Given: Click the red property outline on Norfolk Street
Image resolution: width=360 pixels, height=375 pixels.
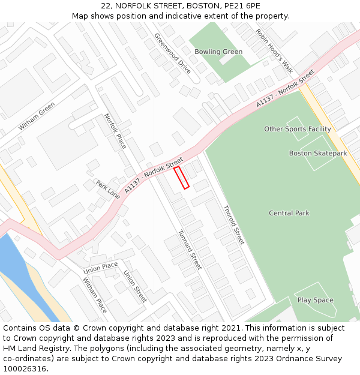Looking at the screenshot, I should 181,178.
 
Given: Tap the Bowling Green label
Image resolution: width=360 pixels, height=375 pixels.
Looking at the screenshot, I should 218,52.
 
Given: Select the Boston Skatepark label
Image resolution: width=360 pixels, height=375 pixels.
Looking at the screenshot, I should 318,154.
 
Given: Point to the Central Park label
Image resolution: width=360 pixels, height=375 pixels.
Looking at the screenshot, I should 289,213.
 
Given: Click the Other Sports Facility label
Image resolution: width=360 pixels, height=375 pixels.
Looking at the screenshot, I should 298,129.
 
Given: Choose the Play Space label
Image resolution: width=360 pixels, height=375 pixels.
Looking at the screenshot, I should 316,300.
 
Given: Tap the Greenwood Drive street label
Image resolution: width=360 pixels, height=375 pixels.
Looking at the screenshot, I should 172,53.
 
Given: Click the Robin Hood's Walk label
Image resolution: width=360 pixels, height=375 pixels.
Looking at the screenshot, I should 274,50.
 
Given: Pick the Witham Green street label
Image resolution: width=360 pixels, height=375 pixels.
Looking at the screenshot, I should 37,116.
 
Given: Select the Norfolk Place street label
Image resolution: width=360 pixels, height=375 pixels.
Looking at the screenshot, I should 115,131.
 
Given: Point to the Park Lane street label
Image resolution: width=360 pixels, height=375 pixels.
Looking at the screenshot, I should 108,189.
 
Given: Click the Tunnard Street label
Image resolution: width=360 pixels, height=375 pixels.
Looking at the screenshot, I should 190,250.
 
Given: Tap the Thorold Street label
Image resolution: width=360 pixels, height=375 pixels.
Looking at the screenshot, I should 233,225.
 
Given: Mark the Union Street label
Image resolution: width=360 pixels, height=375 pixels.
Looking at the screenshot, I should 135,286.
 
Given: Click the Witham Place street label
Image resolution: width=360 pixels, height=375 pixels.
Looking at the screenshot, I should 95,295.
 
